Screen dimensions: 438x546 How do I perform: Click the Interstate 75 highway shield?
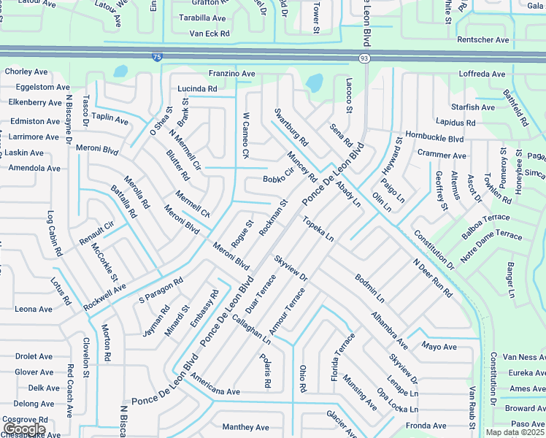tap(157, 57)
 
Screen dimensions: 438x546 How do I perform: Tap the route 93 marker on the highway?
tap(363, 58)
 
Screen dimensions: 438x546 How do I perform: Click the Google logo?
tap(23, 429)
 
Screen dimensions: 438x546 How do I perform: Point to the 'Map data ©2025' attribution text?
tap(515, 432)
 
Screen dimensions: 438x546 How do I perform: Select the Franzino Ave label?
tap(231, 74)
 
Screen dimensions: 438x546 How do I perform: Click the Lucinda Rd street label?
tap(197, 89)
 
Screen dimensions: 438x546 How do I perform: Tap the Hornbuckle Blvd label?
tap(435, 138)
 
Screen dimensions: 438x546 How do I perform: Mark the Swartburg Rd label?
tap(291, 127)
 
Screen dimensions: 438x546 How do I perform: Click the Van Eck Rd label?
tap(209, 34)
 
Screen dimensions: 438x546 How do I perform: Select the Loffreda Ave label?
tap(482, 74)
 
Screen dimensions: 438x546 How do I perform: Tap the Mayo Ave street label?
tap(439, 346)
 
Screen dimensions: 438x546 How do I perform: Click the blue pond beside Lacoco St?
tap(315, 83)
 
